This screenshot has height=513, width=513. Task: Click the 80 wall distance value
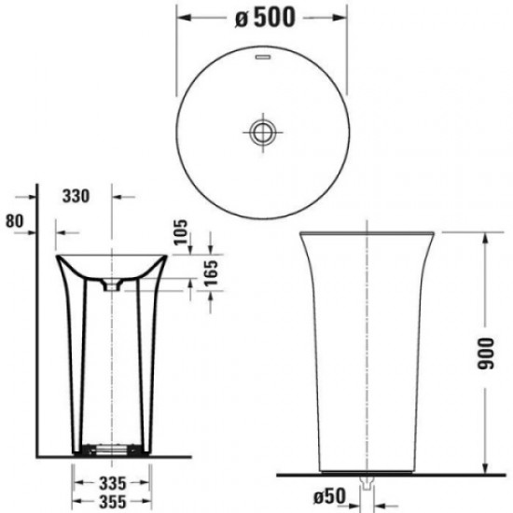point(13,222)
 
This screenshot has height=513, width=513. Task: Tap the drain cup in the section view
point(113,286)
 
